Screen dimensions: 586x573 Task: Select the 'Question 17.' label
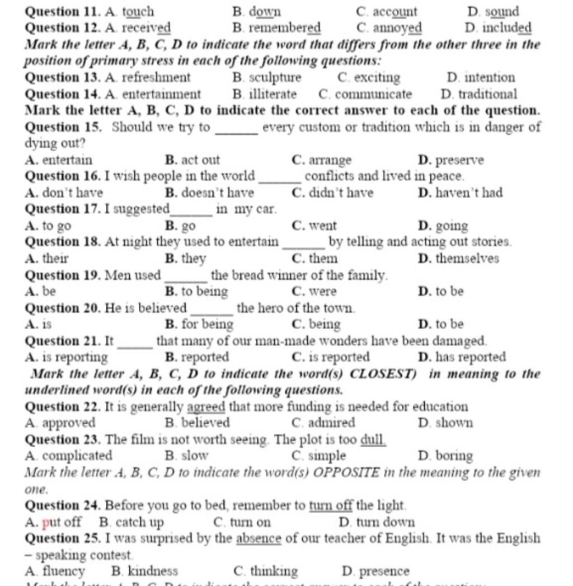pyautogui.click(x=63, y=209)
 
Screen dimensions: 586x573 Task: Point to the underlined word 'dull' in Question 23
pyautogui.click(x=373, y=440)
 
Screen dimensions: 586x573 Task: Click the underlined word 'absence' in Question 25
pyautogui.click(x=259, y=539)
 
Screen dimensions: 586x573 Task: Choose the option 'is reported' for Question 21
pyautogui.click(x=339, y=357)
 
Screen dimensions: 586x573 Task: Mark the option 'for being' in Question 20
pyautogui.click(x=207, y=324)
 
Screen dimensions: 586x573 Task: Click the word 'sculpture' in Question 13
pyautogui.click(x=274, y=78)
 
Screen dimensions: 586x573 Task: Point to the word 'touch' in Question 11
pyautogui.click(x=138, y=12)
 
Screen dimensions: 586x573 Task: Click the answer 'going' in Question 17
pyautogui.click(x=451, y=226)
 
